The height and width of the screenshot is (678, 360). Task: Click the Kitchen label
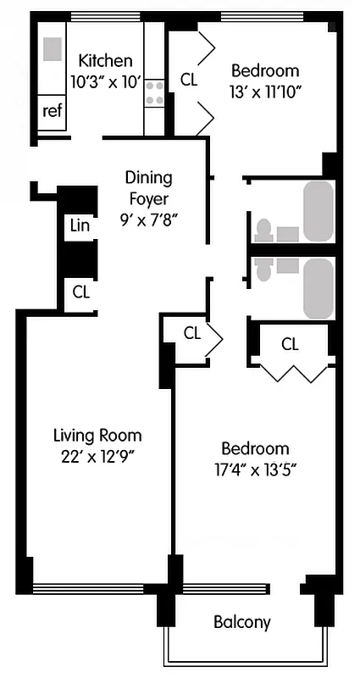(105, 60)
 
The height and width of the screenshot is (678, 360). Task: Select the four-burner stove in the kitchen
(154, 92)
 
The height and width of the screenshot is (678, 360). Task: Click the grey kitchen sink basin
(53, 49)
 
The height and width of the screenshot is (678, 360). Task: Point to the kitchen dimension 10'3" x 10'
(105, 82)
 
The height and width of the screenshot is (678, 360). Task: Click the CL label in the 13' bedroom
(189, 81)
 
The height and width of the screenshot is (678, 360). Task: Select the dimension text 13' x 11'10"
(265, 92)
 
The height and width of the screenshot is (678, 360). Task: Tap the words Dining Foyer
(148, 188)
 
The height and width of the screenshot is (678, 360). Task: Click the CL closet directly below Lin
(80, 292)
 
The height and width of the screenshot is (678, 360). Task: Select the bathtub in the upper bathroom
(318, 211)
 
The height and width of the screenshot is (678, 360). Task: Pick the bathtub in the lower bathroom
(318, 288)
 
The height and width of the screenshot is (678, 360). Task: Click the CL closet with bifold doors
(290, 344)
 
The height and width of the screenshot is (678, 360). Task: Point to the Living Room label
(97, 436)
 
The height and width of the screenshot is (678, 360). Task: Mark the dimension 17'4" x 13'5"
(255, 470)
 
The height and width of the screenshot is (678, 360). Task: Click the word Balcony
(241, 622)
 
